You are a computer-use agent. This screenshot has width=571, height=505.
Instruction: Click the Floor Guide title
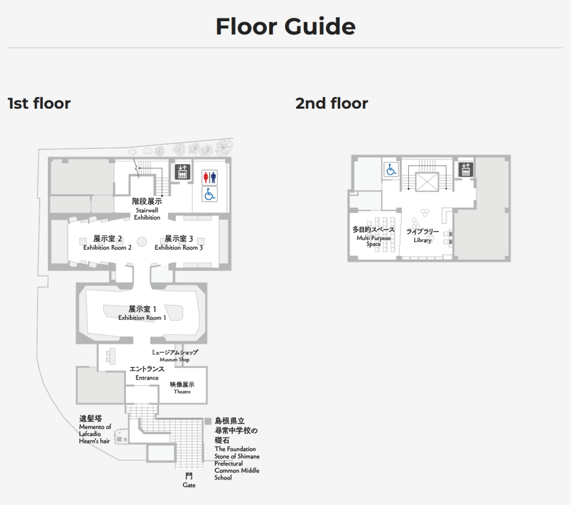coord(285,26)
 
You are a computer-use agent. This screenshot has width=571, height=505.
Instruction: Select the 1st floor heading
coord(39,104)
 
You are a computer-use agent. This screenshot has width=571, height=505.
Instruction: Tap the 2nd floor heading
coord(332,104)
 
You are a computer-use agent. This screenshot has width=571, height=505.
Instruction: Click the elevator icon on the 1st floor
coord(182,172)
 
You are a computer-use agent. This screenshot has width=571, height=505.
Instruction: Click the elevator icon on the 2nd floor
coord(466,169)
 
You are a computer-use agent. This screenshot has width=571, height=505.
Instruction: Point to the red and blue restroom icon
coord(210,177)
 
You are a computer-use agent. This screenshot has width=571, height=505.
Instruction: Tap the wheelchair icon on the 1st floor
coord(210,194)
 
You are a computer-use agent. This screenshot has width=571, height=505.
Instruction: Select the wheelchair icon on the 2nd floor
coord(391,169)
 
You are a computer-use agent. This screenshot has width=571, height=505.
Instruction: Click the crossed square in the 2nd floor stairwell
coord(427,182)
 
